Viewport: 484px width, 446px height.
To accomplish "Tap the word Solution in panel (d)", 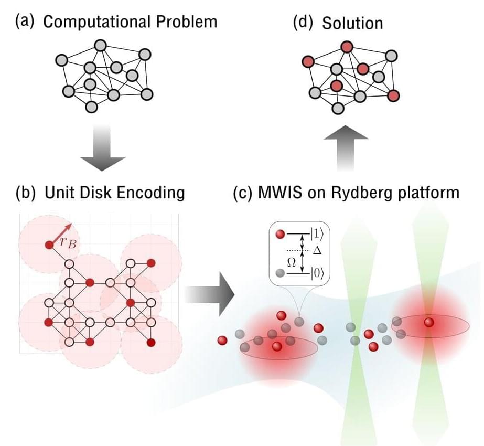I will click(352, 23).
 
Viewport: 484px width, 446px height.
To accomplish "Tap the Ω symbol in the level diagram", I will click(292, 261).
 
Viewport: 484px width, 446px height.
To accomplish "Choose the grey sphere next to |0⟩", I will click(281, 272).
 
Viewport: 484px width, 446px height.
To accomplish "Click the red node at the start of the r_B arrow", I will click(49, 245).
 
